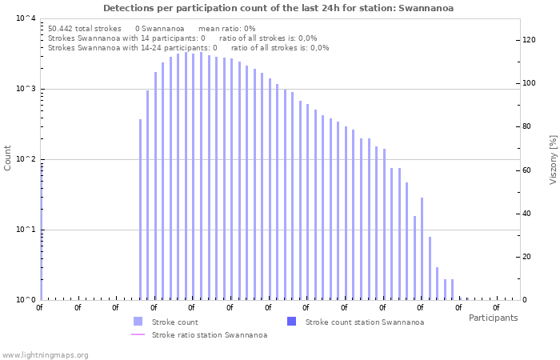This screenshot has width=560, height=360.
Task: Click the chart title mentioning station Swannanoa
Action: click(278, 8)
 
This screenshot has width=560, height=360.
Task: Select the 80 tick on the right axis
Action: click(527, 126)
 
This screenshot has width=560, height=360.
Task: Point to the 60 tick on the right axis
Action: click(527, 170)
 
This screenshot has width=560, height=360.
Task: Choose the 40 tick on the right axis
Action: click(527, 213)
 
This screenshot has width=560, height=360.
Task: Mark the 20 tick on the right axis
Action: click(527, 256)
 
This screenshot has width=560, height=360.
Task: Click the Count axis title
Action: click(8, 158)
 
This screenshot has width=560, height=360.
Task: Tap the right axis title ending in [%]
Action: click(552, 159)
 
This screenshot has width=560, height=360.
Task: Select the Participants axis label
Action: click(493, 318)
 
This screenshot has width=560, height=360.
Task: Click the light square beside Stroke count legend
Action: click(138, 322)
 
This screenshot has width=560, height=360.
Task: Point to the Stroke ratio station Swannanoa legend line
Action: click(138, 334)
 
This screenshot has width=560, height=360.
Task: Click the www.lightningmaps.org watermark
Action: click(46, 354)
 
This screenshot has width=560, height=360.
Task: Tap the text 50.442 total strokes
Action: click(85, 28)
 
